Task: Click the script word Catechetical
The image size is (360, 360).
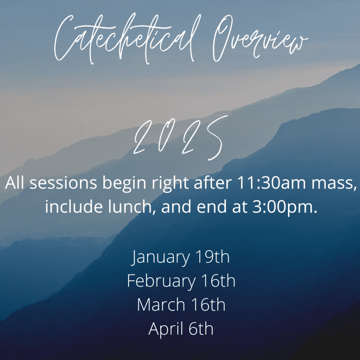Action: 127,39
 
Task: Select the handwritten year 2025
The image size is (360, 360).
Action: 181,138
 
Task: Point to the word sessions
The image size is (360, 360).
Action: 63,184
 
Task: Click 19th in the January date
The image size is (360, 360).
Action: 212,257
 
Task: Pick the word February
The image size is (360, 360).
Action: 161,281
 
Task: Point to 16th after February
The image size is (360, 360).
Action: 218,281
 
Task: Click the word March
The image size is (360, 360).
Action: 161,305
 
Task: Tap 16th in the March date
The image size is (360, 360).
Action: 208,305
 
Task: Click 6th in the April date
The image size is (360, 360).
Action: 201,329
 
